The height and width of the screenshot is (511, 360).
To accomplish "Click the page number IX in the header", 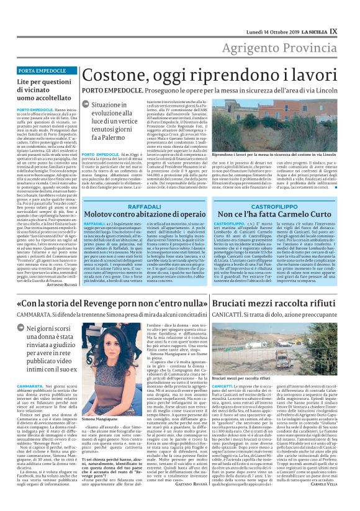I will point(350,13).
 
